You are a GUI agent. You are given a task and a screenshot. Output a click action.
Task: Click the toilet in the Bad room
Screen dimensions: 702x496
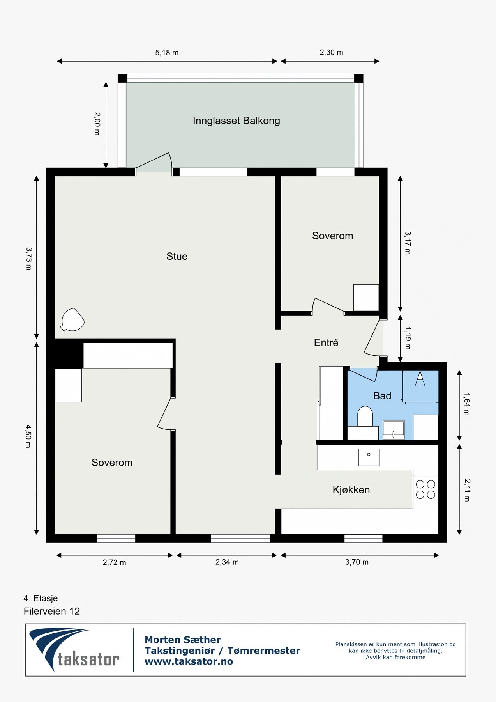click(365, 416)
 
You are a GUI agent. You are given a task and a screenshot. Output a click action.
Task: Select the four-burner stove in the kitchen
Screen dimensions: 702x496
click(425, 489)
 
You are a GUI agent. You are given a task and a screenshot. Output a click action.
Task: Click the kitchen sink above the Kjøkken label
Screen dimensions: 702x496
click(369, 457)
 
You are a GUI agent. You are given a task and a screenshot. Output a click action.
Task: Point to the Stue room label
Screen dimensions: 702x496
click(177, 256)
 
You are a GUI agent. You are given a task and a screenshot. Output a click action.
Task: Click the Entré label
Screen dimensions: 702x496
click(326, 342)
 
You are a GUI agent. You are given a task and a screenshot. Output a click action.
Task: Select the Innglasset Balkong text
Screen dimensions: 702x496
click(236, 121)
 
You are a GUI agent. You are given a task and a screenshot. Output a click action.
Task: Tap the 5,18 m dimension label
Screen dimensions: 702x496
click(167, 53)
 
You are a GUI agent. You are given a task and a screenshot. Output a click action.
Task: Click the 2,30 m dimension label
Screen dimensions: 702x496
click(331, 52)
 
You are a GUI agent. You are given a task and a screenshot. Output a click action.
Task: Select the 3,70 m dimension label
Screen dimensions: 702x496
click(357, 562)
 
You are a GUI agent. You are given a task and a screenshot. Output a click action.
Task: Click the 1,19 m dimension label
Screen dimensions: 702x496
click(408, 338)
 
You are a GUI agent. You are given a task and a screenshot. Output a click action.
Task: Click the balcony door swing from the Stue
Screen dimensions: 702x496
click(154, 163)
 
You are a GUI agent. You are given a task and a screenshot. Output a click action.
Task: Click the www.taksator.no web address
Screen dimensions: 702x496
click(189, 661)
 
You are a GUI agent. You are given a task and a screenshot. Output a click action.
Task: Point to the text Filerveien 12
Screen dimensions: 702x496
click(52, 611)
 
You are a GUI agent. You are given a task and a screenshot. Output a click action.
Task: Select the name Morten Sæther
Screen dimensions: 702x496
click(182, 640)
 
